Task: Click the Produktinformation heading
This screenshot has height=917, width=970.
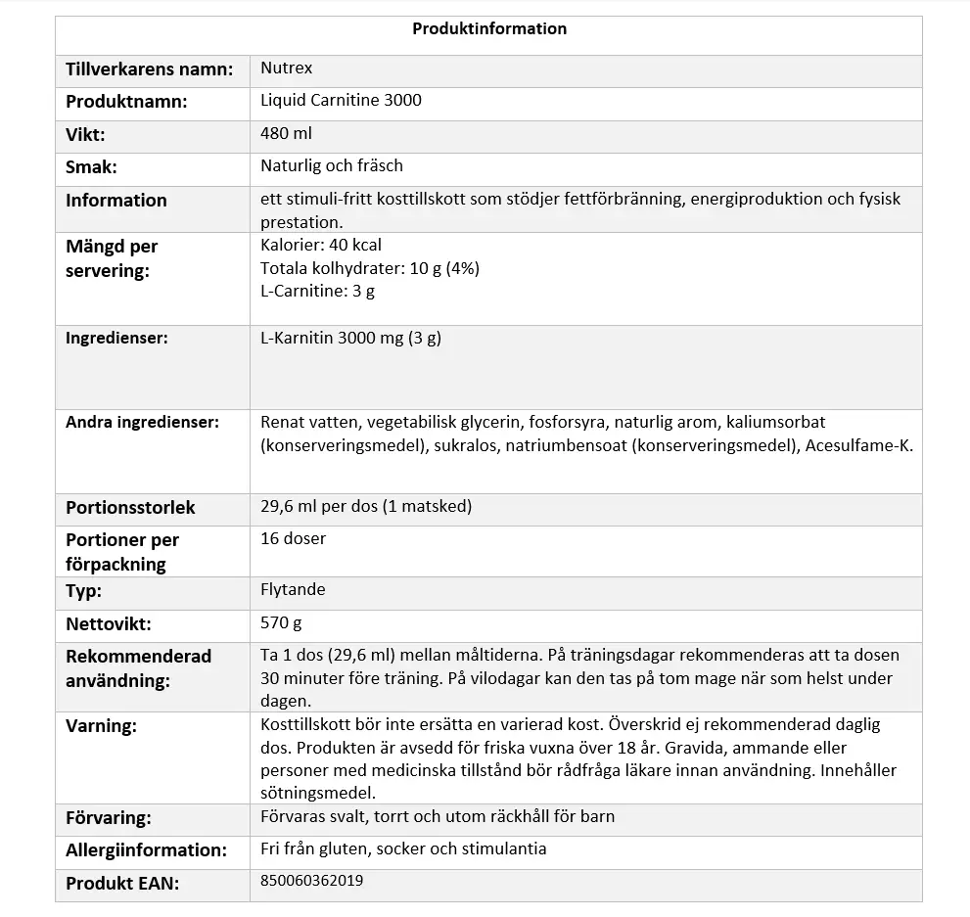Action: (488, 28)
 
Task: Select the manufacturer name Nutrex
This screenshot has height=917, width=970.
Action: (286, 69)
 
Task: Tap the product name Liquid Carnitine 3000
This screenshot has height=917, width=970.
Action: (341, 101)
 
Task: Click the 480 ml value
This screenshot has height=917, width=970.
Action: (286, 133)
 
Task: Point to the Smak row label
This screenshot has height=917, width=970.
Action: (91, 167)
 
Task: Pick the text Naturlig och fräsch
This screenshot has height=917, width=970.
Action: (332, 166)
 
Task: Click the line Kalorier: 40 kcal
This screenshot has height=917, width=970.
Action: (321, 245)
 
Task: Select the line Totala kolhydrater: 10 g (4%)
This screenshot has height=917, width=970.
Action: (370, 268)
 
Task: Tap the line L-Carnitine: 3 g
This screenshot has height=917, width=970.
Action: (317, 291)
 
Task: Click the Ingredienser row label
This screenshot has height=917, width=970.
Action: (116, 339)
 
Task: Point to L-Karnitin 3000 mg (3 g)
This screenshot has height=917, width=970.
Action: (351, 339)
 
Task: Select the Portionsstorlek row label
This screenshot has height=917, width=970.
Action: (130, 508)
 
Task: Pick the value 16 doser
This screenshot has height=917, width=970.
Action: (293, 539)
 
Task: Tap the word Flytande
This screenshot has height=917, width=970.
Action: (293, 590)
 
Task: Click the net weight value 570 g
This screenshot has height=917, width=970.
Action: (281, 622)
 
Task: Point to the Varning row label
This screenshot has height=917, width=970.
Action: (101, 726)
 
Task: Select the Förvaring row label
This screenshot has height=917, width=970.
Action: (108, 818)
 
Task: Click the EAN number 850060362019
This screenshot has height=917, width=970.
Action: (312, 881)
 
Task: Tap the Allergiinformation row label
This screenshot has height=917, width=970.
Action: (146, 849)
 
